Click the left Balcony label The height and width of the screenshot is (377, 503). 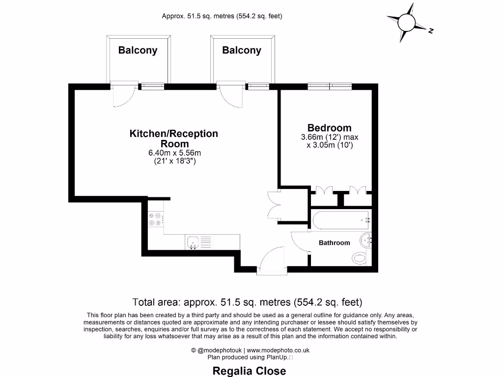point(138,50)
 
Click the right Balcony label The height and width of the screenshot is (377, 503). point(242,50)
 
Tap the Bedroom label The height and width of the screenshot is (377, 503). point(330,128)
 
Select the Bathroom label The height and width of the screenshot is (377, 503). point(335,242)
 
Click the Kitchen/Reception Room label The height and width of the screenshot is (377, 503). point(174,138)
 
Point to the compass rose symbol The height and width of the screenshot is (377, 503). point(408,23)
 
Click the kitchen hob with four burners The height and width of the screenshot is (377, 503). point(156,218)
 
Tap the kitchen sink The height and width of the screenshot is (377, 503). point(193,242)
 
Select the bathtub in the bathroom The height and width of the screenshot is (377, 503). point(340,219)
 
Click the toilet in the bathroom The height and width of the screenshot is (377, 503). point(360,258)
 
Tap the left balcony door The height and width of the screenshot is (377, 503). point(122,94)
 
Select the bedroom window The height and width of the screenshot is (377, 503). point(330,87)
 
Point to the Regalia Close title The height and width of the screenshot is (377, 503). point(249,371)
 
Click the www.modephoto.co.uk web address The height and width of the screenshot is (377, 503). point(278,350)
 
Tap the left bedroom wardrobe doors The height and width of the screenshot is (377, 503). point(324,190)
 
